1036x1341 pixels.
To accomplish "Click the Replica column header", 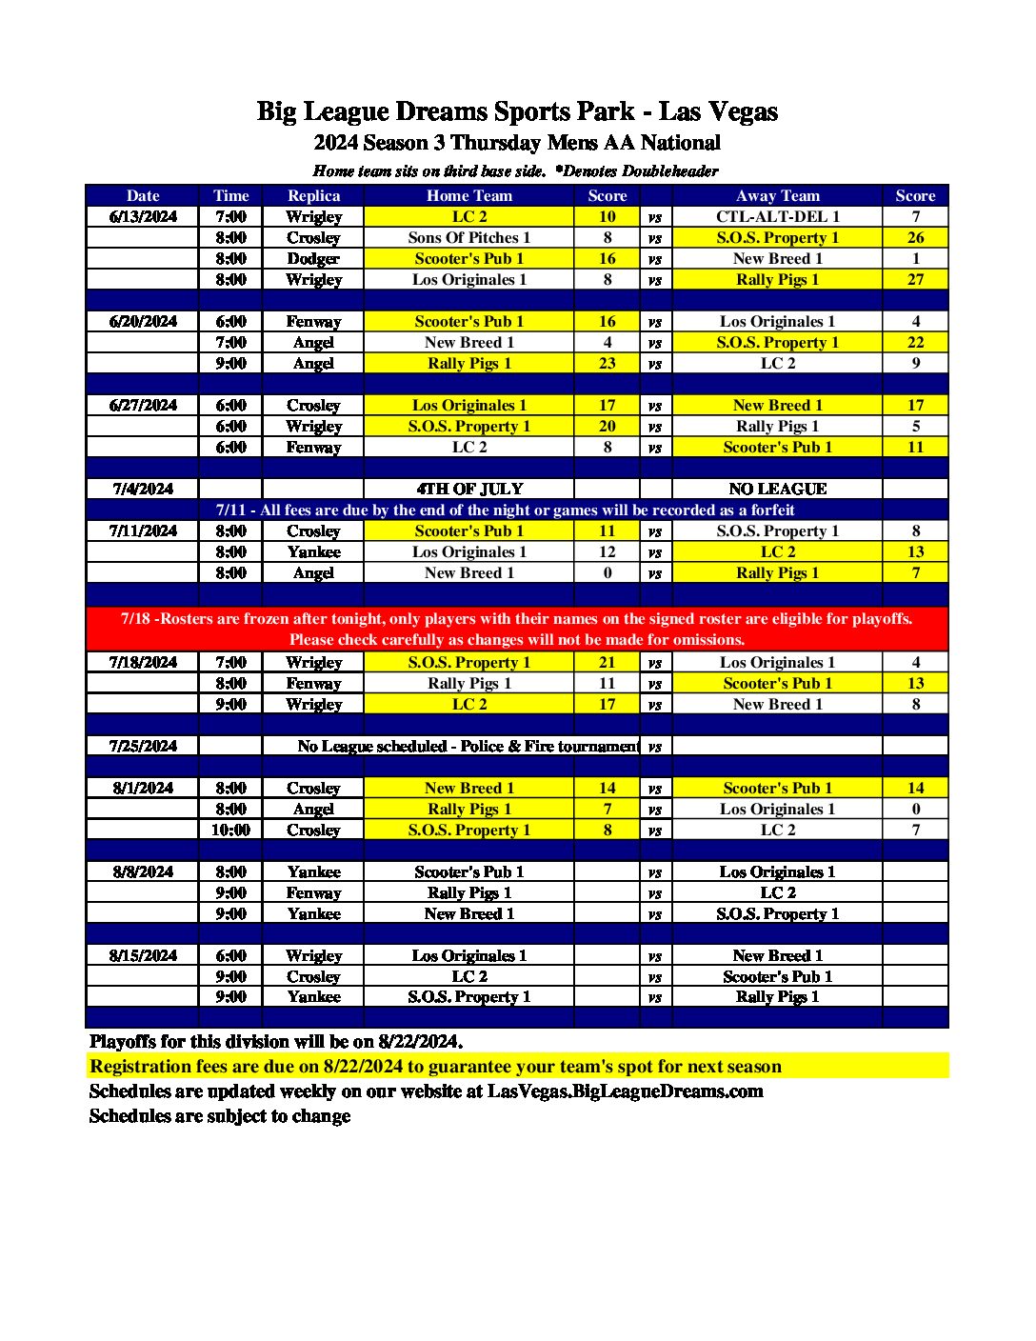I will pyautogui.click(x=313, y=195).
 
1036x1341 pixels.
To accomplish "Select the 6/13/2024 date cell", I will pyautogui.click(x=143, y=216).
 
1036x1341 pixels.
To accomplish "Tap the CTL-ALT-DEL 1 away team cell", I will pyautogui.click(x=777, y=216).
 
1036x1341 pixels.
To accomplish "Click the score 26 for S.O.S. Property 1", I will pyautogui.click(x=915, y=237).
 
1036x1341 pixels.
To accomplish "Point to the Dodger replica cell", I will pyautogui.click(x=313, y=258).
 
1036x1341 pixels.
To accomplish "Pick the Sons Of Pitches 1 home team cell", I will pyautogui.click(x=468, y=237).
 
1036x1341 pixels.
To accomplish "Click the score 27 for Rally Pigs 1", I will pyautogui.click(x=915, y=279).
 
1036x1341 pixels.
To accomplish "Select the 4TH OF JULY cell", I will pyautogui.click(x=469, y=489).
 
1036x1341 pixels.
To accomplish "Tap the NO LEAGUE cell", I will pyautogui.click(x=777, y=489).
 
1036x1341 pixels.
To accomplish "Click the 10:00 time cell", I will pyautogui.click(x=230, y=830).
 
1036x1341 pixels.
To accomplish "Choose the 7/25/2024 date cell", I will pyautogui.click(x=143, y=746).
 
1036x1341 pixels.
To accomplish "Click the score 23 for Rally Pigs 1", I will pyautogui.click(x=608, y=363).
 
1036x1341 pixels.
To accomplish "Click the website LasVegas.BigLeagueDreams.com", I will pyautogui.click(x=625, y=1091).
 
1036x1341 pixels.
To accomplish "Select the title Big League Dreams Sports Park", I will pyautogui.click(x=445, y=111).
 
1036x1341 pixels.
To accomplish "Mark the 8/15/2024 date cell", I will pyautogui.click(x=143, y=955).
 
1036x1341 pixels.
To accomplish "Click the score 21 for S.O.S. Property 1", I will pyautogui.click(x=608, y=662).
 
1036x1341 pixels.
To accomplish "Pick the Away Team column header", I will pyautogui.click(x=777, y=195).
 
